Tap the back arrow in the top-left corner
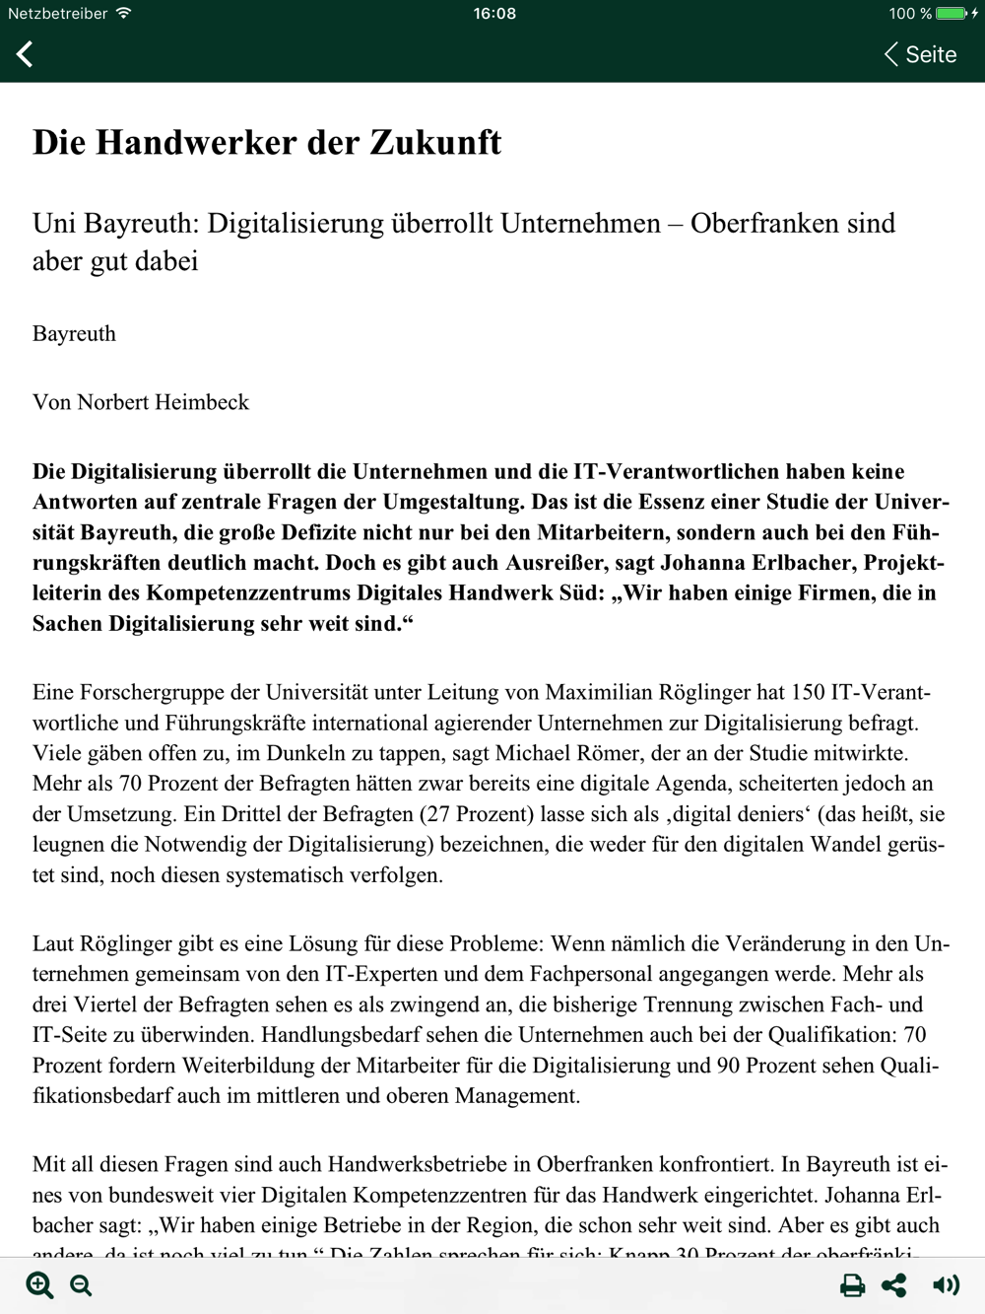[x=26, y=54]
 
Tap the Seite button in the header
[x=921, y=55]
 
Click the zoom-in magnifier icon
[x=39, y=1284]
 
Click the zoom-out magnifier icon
[x=82, y=1285]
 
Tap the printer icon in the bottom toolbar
[x=852, y=1285]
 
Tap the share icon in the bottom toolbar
[x=894, y=1285]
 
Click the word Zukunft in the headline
[x=435, y=143]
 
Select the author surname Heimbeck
[x=203, y=402]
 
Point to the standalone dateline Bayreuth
[x=74, y=334]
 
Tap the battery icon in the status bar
[x=952, y=14]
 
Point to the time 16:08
[x=493, y=14]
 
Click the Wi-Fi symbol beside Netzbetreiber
[x=123, y=14]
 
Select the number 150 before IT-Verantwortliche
[x=808, y=693]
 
